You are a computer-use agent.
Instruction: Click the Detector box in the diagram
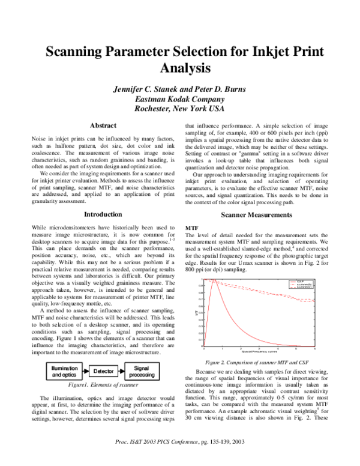tap(104, 372)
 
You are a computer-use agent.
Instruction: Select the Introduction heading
tap(103, 198)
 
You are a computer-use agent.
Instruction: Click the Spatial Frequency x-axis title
tap(258, 353)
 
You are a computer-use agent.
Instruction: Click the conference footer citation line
tap(180, 459)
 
